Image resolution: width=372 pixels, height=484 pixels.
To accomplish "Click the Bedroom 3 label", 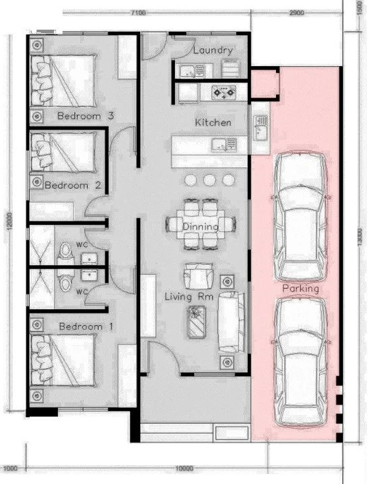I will coord(85,116).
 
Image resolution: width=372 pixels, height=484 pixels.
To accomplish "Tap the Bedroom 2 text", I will coord(72,184).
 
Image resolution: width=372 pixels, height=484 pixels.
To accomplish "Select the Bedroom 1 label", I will coord(85,327).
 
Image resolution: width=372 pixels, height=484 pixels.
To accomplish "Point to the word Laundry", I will coord(212,50).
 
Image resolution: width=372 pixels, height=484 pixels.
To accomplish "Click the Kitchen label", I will coord(213,123).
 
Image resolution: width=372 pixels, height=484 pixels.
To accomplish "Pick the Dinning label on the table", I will coord(201,226).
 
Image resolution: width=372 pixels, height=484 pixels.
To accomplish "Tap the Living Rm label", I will coord(189,296).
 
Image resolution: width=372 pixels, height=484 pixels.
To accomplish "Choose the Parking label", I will coord(300,288).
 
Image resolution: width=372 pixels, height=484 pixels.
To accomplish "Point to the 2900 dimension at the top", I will coord(296,13).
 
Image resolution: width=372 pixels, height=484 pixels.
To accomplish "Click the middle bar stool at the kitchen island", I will coord(210,180).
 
